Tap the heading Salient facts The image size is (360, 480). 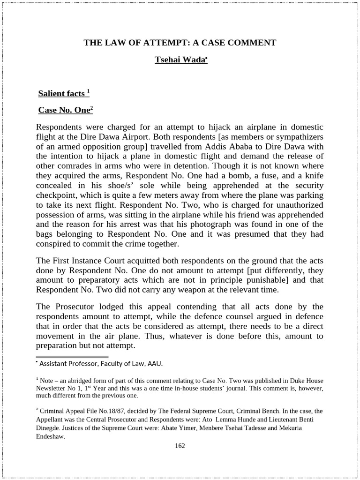click(x=62, y=93)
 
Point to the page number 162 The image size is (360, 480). click(x=180, y=446)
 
